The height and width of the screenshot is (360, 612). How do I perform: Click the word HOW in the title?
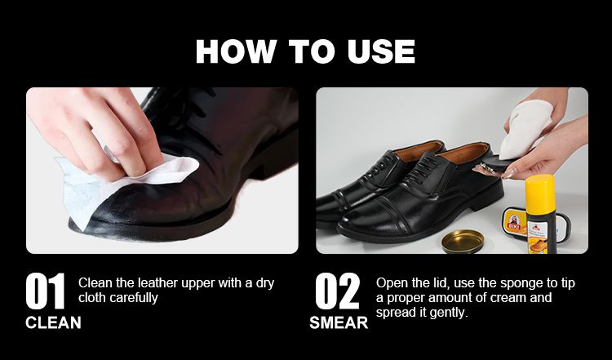236,51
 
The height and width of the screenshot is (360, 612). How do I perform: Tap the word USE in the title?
381,51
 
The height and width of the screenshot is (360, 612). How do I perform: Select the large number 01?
45,291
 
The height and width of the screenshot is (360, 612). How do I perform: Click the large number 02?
338,291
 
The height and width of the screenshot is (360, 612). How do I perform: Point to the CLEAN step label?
53,323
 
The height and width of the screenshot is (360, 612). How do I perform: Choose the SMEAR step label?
339,323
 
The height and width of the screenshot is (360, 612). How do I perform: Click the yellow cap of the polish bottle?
540,189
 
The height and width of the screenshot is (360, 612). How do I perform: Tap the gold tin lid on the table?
463,241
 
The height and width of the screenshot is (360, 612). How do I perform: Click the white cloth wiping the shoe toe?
117,184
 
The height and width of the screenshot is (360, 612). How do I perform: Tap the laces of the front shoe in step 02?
424,168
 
